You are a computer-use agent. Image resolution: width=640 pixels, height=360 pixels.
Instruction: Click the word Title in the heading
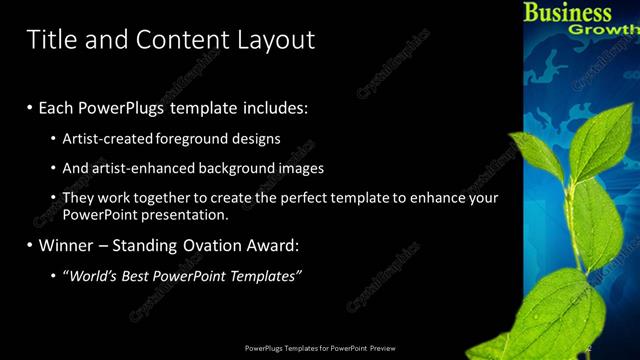point(48,40)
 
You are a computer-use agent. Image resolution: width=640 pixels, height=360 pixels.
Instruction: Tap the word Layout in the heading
point(276,40)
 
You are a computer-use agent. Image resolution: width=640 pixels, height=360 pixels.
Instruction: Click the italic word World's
point(92,275)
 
